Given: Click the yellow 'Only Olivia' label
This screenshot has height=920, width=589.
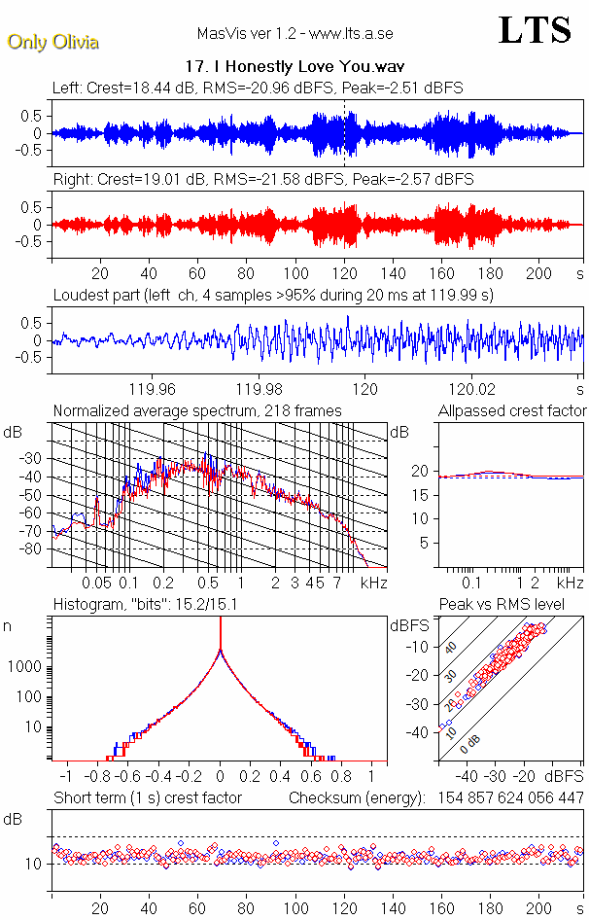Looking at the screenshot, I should (x=53, y=42).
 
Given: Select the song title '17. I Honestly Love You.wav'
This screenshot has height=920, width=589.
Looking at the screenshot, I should (x=294, y=67).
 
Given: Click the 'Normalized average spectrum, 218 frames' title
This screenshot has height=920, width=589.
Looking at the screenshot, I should (x=197, y=410).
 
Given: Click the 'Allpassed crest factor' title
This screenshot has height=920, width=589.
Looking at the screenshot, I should (x=512, y=410).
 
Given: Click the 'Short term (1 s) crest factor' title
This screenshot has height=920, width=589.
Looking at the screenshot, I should (x=147, y=798).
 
